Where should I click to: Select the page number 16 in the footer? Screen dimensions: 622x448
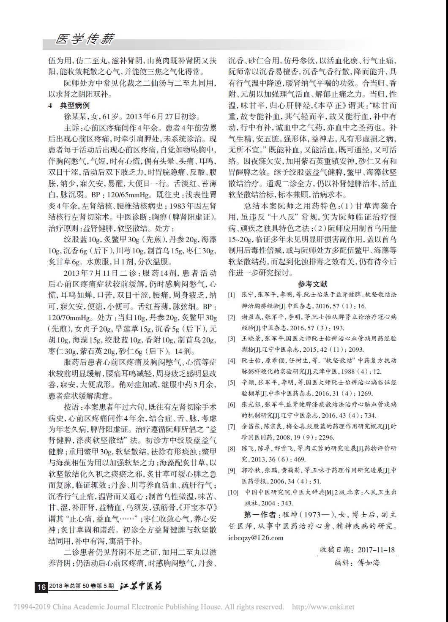tap(41, 587)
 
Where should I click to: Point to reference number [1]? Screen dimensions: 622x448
tap(232, 295)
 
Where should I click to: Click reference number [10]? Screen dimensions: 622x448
tap(233, 492)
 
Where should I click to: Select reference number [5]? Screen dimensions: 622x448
tap(232, 383)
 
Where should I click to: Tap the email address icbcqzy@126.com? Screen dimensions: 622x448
tap(256, 538)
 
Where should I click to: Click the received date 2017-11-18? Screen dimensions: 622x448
tap(376, 550)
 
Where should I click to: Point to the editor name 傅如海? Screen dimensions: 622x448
tap(369, 562)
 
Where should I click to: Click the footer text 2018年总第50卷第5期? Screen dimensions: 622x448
tap(82, 587)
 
